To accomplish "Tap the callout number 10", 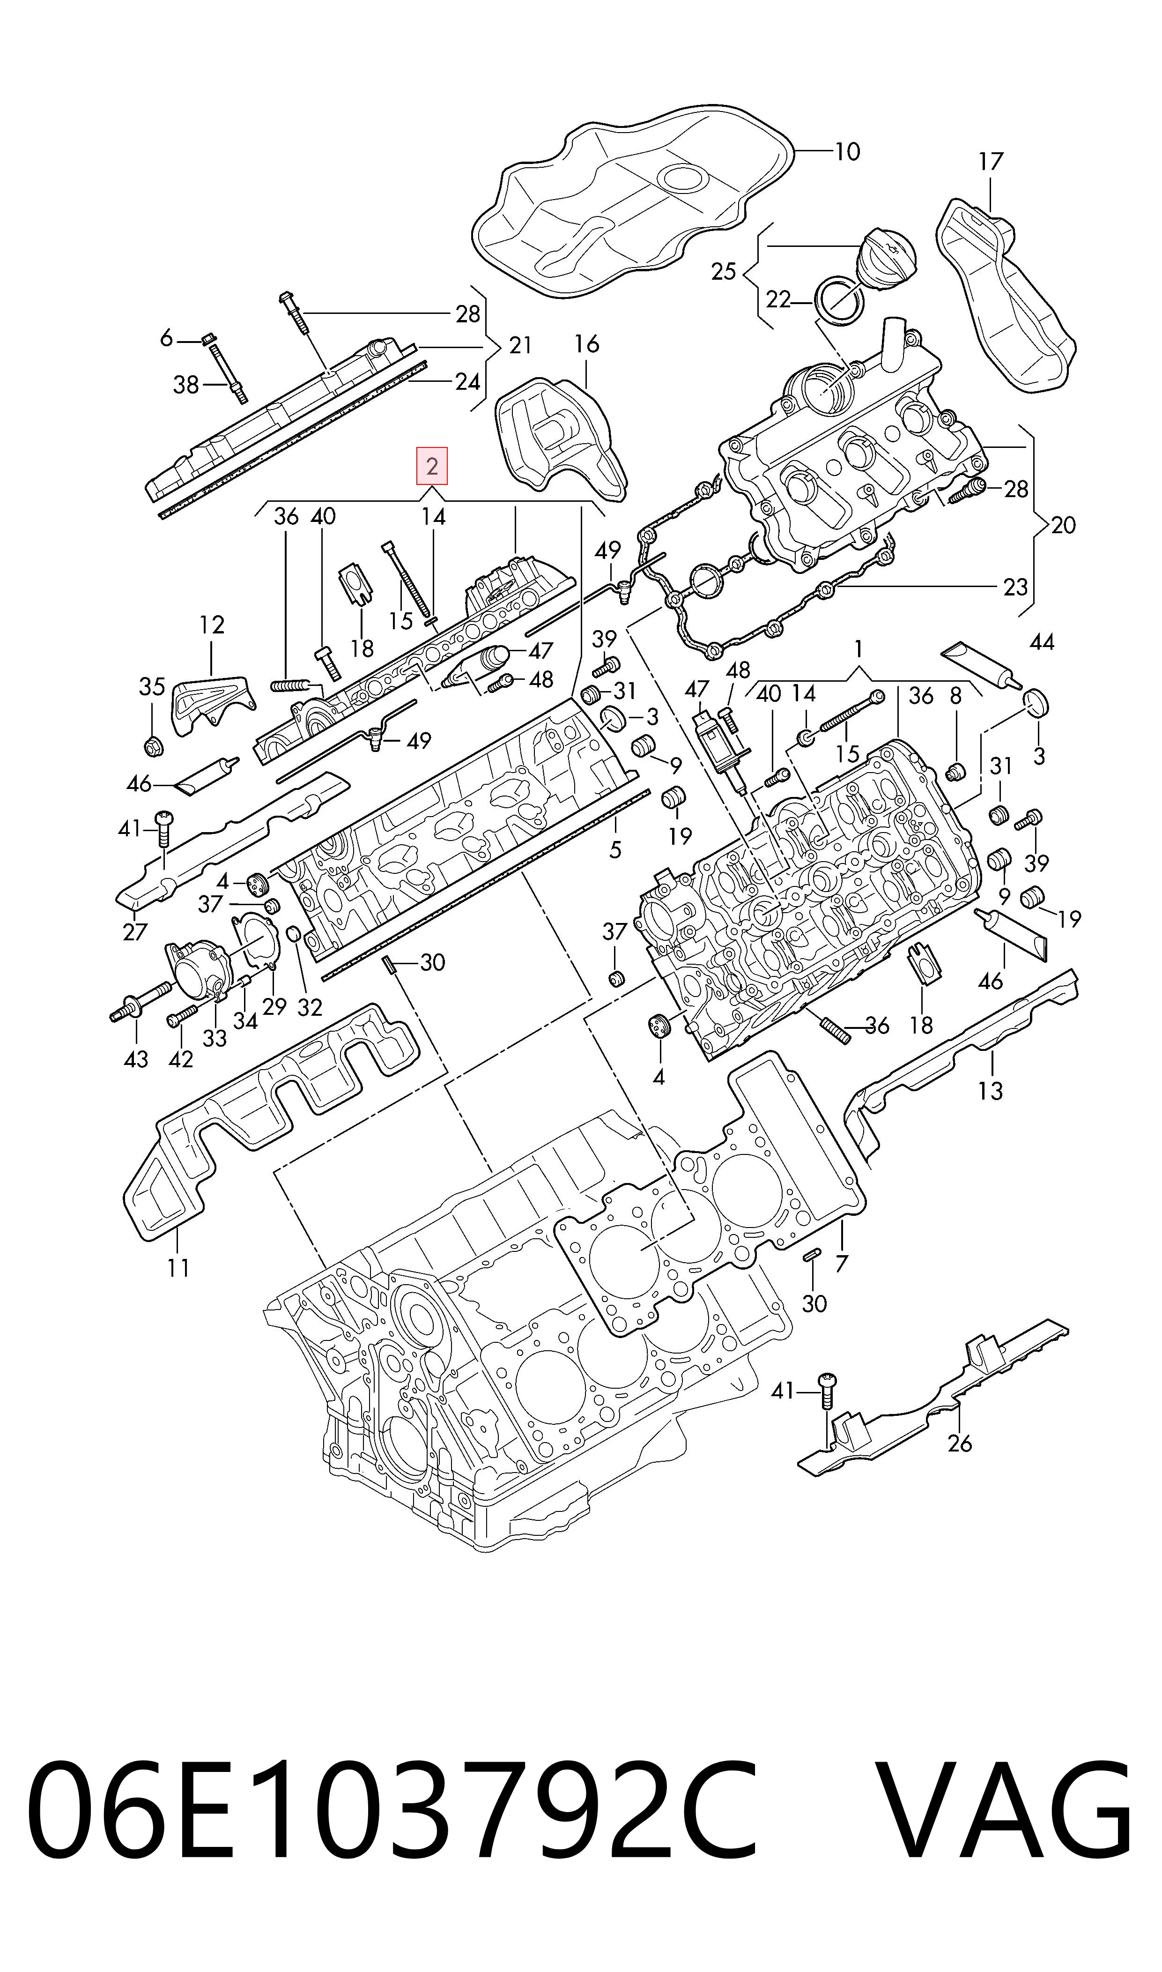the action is (847, 151).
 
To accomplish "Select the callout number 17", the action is (991, 162).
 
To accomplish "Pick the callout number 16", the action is (586, 344).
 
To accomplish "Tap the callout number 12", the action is (211, 625).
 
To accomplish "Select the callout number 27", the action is (135, 932).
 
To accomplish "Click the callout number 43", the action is (136, 1060).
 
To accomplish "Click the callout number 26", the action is (960, 1443).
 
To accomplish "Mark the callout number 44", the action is (1042, 642).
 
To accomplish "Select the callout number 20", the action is (1063, 525).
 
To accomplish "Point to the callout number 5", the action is (615, 848).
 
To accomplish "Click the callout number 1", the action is (859, 649).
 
